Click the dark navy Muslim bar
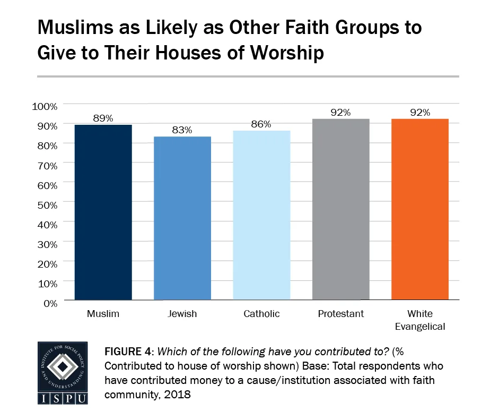pyautogui.click(x=103, y=212)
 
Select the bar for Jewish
pyautogui.click(x=182, y=218)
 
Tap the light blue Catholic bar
pyautogui.click(x=261, y=215)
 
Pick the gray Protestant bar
pyautogui.click(x=340, y=209)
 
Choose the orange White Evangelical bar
pyautogui.click(x=419, y=209)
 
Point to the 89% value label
pyautogui.click(x=103, y=118)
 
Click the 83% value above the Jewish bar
pyautogui.click(x=182, y=130)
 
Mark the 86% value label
pyautogui.click(x=261, y=124)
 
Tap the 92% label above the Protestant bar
pyautogui.click(x=340, y=113)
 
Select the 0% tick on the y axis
pyautogui.click(x=49, y=303)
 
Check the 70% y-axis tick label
pyautogui.click(x=47, y=165)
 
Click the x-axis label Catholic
pyautogui.click(x=261, y=314)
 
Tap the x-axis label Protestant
pyautogui.click(x=340, y=314)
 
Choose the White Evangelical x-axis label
pyautogui.click(x=419, y=320)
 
